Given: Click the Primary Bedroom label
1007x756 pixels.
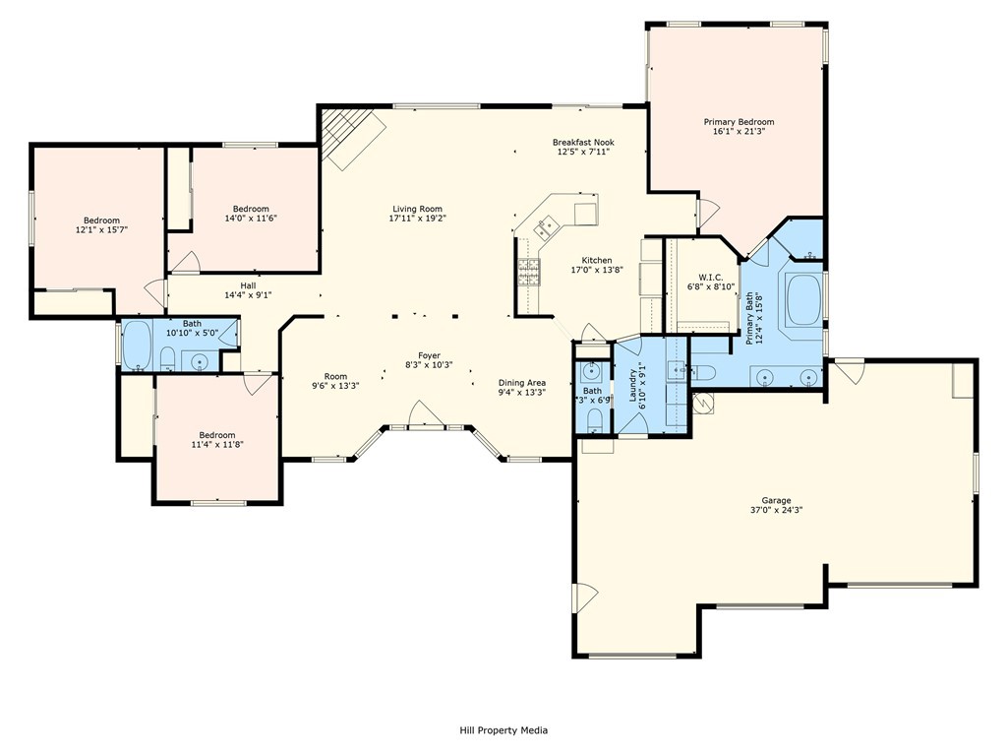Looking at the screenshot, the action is point(739,121).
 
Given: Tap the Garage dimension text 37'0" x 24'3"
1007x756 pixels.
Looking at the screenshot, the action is point(777,510).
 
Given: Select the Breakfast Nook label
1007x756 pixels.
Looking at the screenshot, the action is point(583,142).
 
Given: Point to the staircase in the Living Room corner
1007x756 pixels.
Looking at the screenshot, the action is point(353,138).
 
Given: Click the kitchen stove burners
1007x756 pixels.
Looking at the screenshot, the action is point(529,272).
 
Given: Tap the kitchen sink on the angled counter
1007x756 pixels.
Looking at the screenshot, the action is point(548,224).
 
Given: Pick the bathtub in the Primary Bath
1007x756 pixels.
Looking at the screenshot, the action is point(802,299).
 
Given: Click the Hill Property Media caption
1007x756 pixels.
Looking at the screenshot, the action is point(503,729).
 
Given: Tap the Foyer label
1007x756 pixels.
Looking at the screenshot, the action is point(429,355).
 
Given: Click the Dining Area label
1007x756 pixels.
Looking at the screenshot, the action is point(522,383).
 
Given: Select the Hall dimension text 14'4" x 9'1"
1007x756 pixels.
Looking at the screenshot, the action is point(248,295).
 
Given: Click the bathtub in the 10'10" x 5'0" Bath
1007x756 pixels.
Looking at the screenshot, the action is point(138,346).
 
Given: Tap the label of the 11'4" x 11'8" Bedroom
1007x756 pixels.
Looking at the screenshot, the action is point(217,434).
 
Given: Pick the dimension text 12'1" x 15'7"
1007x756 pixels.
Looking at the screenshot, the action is point(101,229).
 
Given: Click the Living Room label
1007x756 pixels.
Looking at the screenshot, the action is point(417,209).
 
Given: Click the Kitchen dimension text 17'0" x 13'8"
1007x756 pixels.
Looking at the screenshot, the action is point(597,270).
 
